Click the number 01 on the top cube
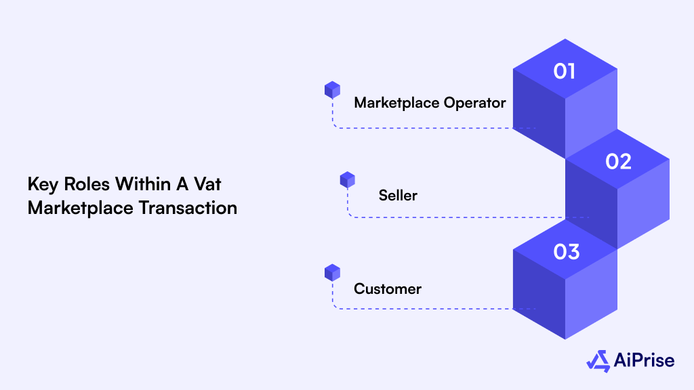click(x=565, y=71)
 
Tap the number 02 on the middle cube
click(x=618, y=161)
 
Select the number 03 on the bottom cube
click(x=566, y=252)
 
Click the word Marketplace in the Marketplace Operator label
click(x=396, y=103)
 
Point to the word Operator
click(x=475, y=103)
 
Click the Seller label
click(x=398, y=196)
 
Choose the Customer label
click(x=388, y=289)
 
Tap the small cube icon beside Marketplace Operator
click(x=332, y=89)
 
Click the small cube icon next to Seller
click(x=347, y=179)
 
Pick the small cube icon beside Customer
click(x=332, y=272)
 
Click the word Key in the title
click(x=42, y=185)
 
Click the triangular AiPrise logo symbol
click(x=598, y=361)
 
